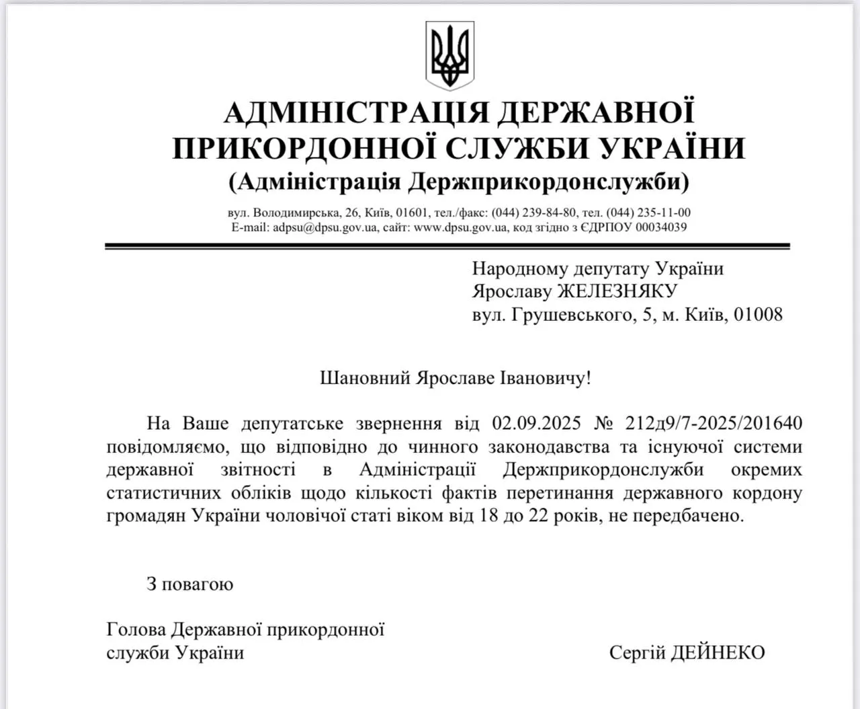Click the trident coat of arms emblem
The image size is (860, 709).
pos(449,55)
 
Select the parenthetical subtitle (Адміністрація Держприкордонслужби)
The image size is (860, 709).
pos(459,182)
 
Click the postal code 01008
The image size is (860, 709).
pos(758,314)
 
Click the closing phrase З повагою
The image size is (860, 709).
pos(190,584)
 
